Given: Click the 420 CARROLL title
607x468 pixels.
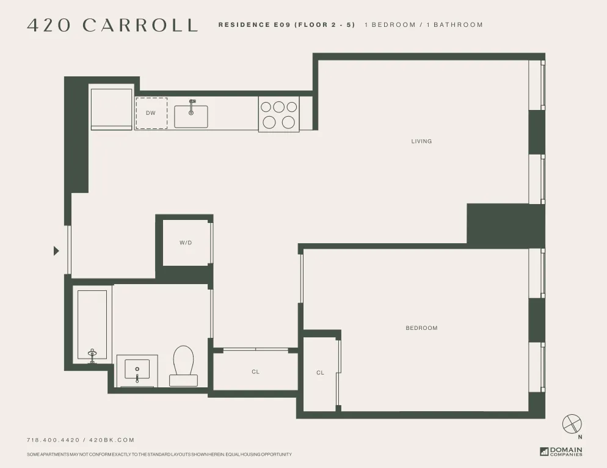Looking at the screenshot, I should click(112, 25).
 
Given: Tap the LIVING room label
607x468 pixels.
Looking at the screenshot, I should click(421, 141).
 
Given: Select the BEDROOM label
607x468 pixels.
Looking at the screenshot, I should click(421, 328).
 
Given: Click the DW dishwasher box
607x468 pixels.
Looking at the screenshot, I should click(151, 113).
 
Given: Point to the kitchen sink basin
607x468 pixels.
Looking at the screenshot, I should click(191, 116).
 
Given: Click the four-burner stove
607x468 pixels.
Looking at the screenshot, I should click(278, 114).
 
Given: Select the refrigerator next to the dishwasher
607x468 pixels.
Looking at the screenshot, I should click(111, 109).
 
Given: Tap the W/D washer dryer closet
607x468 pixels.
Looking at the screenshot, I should click(186, 243).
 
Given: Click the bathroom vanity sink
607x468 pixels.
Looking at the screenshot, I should click(137, 370).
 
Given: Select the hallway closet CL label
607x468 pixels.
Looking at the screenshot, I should click(255, 371).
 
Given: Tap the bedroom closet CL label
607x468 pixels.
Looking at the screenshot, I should click(320, 373).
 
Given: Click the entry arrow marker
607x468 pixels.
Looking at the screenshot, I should click(56, 250).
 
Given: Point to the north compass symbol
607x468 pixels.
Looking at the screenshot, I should click(572, 423).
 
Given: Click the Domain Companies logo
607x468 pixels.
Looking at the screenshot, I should click(561, 452).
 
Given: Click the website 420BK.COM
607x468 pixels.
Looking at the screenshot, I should click(112, 440).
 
